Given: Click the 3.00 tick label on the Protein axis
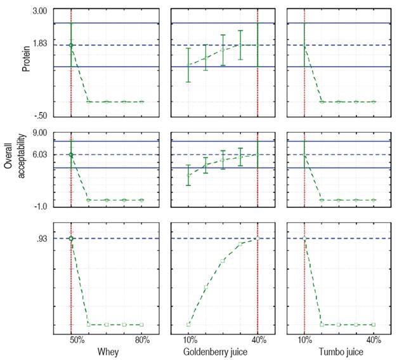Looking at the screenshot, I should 40,11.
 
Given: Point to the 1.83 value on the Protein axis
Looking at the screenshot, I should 40,45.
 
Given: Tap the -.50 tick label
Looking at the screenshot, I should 40,116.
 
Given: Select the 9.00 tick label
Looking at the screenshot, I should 40,133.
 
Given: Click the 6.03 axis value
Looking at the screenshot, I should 40,154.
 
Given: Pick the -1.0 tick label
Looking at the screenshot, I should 40,206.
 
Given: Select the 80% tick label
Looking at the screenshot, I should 142,340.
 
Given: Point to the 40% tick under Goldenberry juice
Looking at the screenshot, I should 258,340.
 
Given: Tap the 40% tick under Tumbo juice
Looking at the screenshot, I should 374,340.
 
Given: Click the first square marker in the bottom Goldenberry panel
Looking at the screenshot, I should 188,324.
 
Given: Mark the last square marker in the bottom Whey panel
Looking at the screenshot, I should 141,324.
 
